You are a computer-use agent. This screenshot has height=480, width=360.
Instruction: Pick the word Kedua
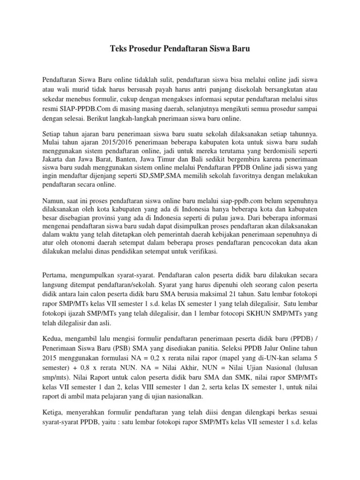coord(52,338)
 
